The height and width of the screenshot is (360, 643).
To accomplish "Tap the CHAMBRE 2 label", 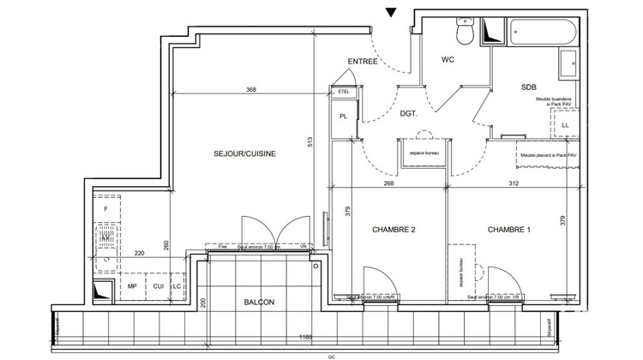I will click(x=394, y=231).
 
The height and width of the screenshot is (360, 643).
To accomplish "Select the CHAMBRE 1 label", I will click(x=508, y=231).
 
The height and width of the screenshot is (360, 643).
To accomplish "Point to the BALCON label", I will click(x=258, y=303).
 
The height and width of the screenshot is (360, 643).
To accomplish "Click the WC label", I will click(x=448, y=60).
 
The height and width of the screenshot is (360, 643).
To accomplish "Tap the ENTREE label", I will click(x=363, y=62).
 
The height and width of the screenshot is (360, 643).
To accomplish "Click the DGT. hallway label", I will click(x=409, y=112).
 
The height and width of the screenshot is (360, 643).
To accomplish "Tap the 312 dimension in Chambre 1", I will click(x=514, y=183).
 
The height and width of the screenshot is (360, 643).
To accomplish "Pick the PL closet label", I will click(x=343, y=117).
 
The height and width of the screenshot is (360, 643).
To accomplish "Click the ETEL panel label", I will click(x=344, y=91).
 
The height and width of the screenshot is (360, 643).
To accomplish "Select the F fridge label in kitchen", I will click(x=106, y=208).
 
